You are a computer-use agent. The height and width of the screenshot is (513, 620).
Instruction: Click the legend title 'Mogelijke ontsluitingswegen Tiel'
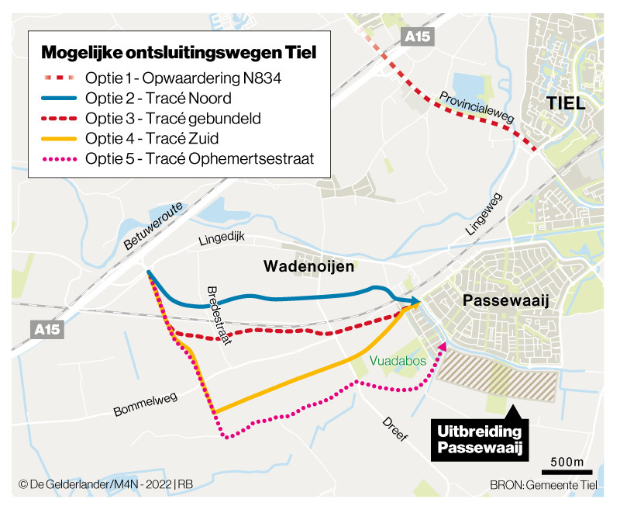point(178,53)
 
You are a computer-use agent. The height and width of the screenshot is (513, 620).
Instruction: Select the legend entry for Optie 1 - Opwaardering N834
point(182,78)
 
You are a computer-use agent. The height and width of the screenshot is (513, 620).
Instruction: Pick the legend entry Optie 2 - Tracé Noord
point(159,99)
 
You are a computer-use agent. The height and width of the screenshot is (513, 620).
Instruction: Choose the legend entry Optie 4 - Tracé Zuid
point(152,140)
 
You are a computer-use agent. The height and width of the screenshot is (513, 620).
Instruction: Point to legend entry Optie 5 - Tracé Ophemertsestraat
point(198,161)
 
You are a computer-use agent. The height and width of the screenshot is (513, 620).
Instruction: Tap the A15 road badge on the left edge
point(46,329)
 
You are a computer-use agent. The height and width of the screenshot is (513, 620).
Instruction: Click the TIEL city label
point(565,104)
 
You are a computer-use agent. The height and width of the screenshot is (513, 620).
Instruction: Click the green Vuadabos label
point(398,361)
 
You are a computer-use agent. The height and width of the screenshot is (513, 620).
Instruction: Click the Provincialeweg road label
point(477,106)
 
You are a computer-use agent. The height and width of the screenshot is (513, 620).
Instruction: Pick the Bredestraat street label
point(220,315)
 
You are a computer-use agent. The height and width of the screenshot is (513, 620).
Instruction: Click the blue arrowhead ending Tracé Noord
point(415,300)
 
